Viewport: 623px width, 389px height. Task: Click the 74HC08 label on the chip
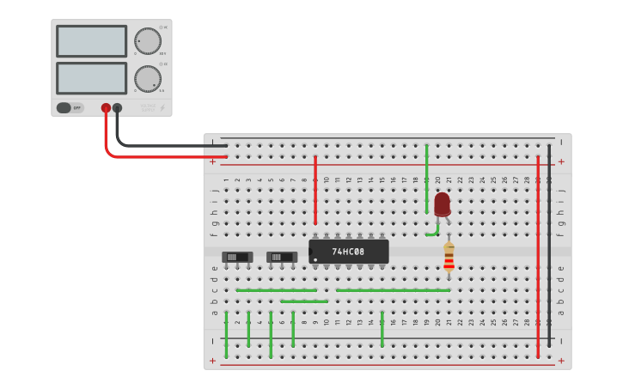pos(348,252)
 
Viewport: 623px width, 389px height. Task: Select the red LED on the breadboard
pos(442,204)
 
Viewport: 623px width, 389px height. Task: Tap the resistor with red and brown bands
pos(449,257)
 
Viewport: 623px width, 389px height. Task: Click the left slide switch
pos(237,257)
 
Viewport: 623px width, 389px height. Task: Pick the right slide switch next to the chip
pos(282,257)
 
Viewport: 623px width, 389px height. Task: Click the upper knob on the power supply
pos(147,41)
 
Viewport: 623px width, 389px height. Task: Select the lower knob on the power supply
pos(147,79)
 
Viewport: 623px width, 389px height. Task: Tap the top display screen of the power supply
pos(92,41)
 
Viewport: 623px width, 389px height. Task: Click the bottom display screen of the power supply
pos(92,78)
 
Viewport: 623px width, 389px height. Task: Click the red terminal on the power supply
pos(106,108)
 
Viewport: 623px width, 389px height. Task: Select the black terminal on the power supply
pos(118,108)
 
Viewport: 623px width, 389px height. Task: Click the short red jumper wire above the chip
pos(315,189)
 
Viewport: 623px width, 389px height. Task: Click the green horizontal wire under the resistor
pos(393,290)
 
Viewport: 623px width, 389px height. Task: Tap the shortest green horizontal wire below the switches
pos(304,301)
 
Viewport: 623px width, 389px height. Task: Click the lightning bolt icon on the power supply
pos(162,108)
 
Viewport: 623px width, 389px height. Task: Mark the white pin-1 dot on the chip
pos(315,259)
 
